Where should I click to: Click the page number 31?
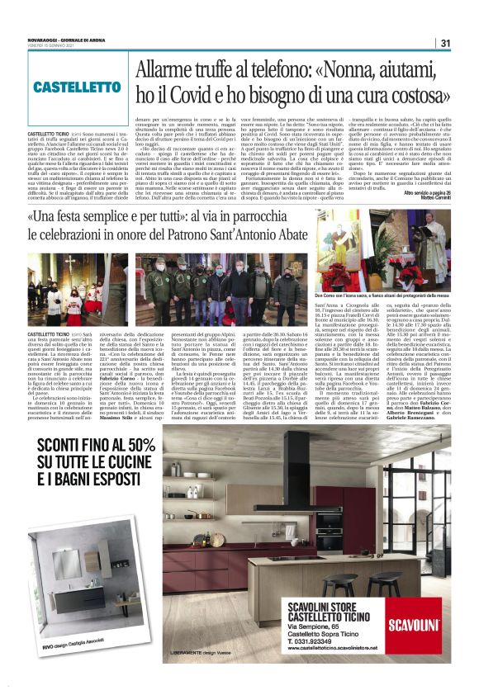(x=445, y=44)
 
